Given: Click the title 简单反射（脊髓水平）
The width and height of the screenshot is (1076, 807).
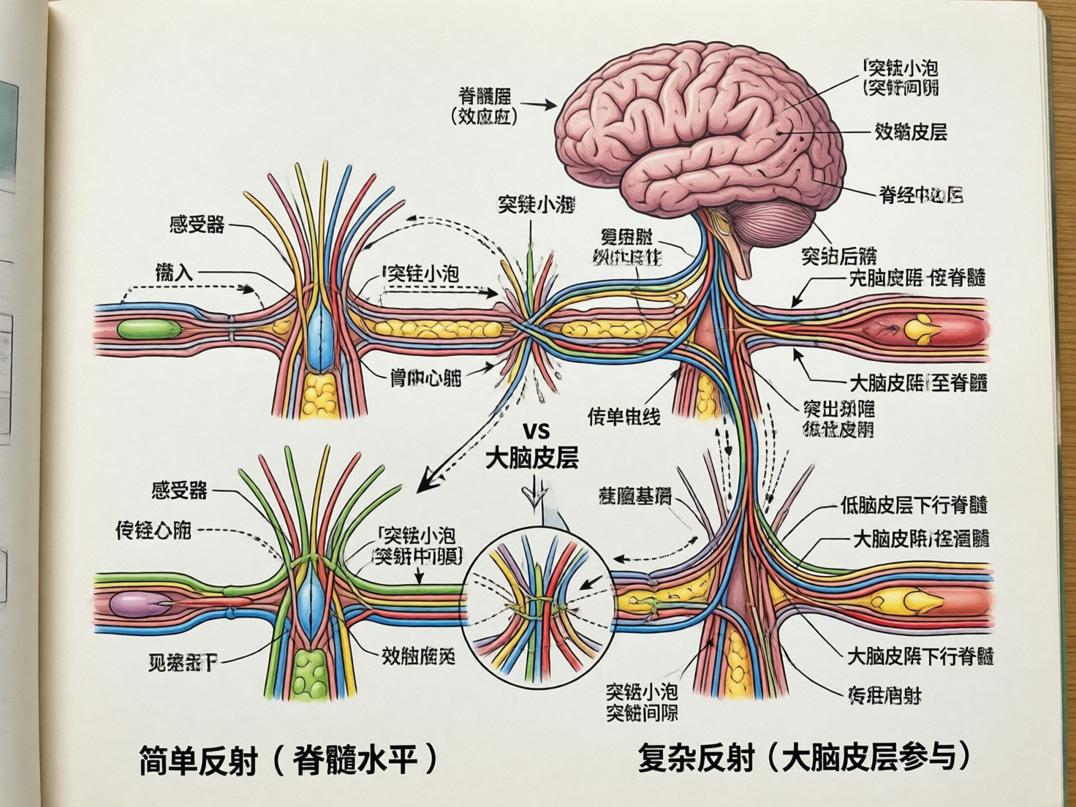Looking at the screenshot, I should [288, 760].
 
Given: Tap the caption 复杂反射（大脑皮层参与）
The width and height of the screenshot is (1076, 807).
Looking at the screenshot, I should [804, 756].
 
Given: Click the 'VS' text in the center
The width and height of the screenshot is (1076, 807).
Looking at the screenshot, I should [536, 430].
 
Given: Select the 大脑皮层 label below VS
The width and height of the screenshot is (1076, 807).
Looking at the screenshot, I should [532, 458].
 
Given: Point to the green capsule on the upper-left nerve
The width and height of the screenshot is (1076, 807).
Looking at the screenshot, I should [148, 329].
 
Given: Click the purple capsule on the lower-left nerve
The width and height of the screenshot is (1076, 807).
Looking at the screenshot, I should [140, 605].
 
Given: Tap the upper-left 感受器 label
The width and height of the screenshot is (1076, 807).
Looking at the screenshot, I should [197, 224].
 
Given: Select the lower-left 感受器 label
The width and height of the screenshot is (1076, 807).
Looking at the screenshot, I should [179, 490].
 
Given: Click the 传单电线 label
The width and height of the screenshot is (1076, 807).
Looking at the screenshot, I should [624, 417].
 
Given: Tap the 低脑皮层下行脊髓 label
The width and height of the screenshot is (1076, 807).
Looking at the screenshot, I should [914, 504].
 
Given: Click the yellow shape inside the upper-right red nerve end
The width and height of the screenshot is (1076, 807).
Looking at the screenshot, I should [922, 330].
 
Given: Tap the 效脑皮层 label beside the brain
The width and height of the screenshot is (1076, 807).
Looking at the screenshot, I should [911, 132].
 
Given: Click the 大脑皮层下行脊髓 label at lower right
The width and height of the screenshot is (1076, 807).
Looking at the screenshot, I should [920, 656].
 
